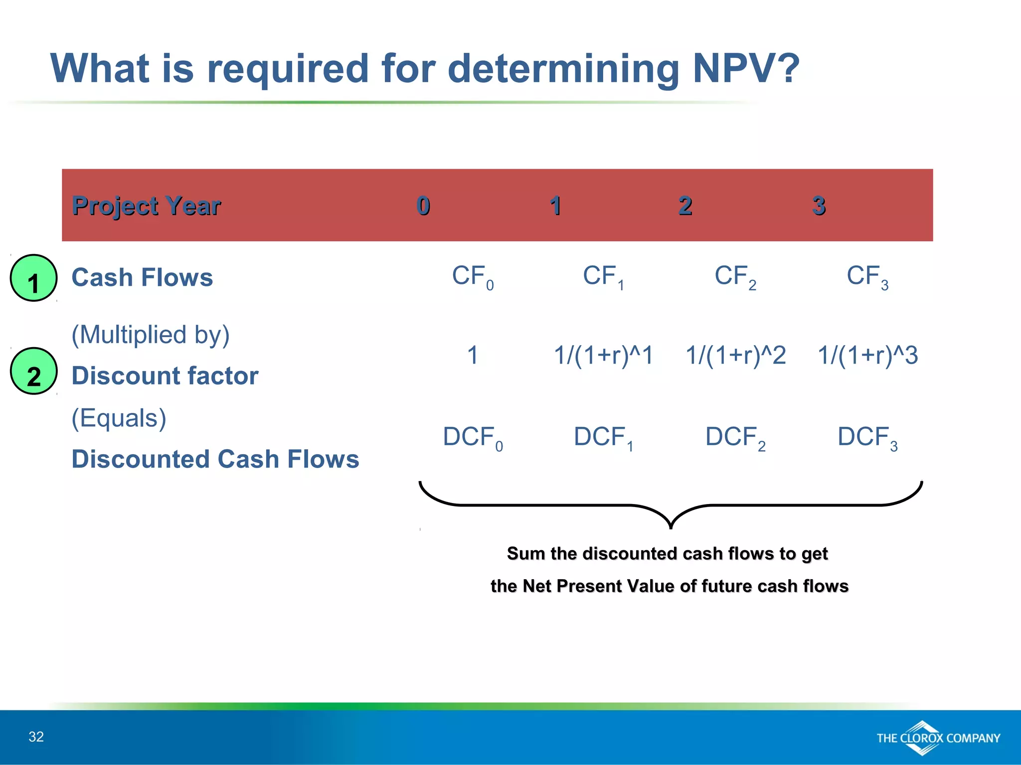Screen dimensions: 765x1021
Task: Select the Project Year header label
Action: coord(146,206)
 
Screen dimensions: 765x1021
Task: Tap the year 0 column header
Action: coord(423,206)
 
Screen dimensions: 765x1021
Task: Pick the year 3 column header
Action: coord(819,206)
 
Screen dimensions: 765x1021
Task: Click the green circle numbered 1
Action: coord(33,278)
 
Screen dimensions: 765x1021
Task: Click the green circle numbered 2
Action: coord(33,372)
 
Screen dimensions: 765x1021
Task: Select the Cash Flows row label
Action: coord(142,277)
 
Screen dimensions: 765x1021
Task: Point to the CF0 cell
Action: coord(472,277)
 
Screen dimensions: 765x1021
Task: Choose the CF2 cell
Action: coord(735,277)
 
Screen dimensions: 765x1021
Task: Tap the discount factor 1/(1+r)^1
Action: coord(603,356)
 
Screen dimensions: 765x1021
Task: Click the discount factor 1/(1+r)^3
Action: coord(867,356)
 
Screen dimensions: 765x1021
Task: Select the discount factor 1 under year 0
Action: coord(473,356)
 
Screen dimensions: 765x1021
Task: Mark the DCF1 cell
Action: coord(603,438)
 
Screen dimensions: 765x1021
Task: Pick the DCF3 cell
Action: coord(867,438)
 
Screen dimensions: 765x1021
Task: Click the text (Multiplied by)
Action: coord(151,335)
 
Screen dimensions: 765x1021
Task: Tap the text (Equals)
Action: coord(119,418)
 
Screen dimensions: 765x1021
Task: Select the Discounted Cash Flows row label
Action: coord(215,459)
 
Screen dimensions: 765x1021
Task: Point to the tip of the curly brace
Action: coord(671,527)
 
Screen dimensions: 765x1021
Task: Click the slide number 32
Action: coord(36,737)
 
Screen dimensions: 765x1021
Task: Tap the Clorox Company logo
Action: coord(938,738)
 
